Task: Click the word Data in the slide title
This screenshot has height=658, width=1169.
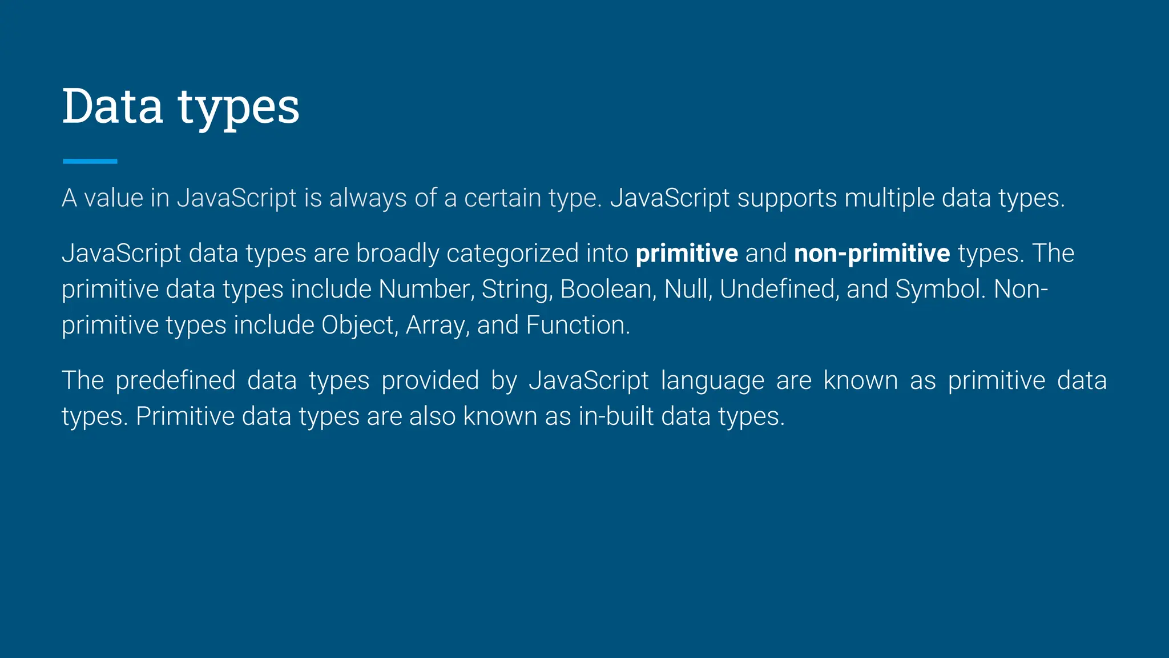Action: pos(112,106)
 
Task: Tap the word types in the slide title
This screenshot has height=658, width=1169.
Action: pos(239,109)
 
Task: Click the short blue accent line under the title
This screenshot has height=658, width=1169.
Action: pos(90,162)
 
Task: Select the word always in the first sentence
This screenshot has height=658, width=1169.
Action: pos(368,198)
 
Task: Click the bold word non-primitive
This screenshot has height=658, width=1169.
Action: pos(872,254)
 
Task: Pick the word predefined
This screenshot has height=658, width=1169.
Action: pos(175,381)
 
